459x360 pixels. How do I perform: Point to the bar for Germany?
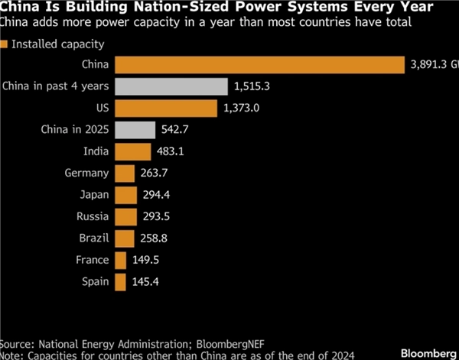coord(123,173)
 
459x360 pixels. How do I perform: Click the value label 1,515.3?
coord(252,86)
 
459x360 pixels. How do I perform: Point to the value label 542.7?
coord(174,129)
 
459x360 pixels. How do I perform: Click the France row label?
coord(92,260)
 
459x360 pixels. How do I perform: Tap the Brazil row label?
coord(93,238)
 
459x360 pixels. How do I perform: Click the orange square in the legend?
coord(5,44)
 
